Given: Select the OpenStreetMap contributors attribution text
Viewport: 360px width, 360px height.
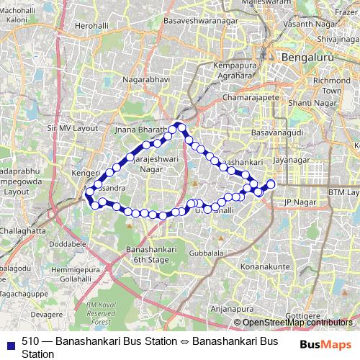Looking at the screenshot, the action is pyautogui.click(x=297, y=323).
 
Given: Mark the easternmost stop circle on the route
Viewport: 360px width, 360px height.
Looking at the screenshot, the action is pyautogui.click(x=271, y=184).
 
